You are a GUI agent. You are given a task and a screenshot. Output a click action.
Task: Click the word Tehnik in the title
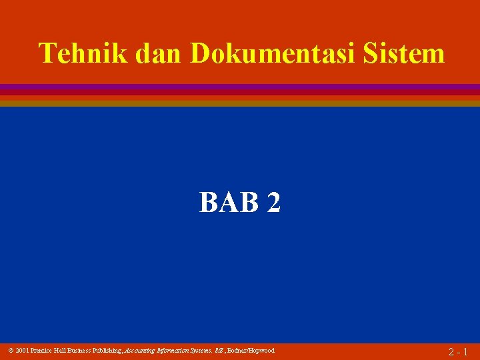[x=83, y=53]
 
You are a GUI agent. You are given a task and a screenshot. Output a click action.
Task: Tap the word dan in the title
[x=159, y=53]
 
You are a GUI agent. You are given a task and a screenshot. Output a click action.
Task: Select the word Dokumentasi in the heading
[x=274, y=53]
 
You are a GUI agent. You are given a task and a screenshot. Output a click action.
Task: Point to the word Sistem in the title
[x=405, y=53]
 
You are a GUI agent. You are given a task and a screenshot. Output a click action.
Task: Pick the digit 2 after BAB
[x=273, y=203]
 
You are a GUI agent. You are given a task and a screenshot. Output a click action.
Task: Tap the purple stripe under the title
[x=240, y=87]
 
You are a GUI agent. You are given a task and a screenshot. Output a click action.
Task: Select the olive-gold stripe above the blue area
[x=240, y=103]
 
